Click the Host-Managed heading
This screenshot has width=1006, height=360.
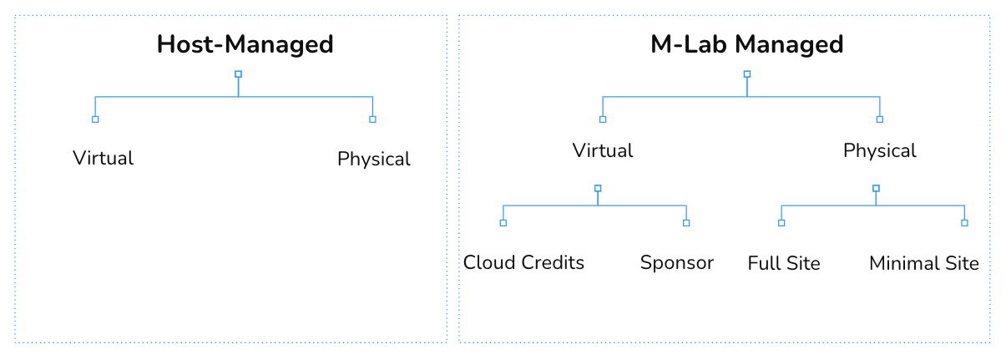click(245, 44)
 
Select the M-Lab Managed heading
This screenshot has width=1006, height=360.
click(746, 44)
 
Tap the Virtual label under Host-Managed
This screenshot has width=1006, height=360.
click(103, 158)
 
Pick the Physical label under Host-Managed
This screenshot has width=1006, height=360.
click(373, 159)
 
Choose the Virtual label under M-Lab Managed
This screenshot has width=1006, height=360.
click(602, 150)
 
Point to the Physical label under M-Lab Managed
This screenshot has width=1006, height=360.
click(879, 150)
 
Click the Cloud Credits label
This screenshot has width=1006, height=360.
click(523, 262)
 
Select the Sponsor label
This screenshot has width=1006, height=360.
click(676, 262)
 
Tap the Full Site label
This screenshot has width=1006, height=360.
click(783, 263)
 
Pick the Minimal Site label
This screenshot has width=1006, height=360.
click(923, 263)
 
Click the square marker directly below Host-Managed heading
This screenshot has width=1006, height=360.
click(238, 74)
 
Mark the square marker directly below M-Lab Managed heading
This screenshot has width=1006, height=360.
click(746, 74)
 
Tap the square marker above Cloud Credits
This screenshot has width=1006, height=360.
click(503, 223)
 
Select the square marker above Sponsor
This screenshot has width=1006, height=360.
click(686, 223)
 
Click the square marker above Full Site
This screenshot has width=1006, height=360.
click(781, 223)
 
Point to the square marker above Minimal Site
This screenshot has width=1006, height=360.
click(964, 223)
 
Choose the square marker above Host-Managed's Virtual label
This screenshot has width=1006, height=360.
click(95, 119)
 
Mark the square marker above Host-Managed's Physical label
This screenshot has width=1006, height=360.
click(372, 119)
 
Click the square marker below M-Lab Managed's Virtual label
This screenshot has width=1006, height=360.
click(598, 188)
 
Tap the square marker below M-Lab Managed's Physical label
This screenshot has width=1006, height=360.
click(876, 188)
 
